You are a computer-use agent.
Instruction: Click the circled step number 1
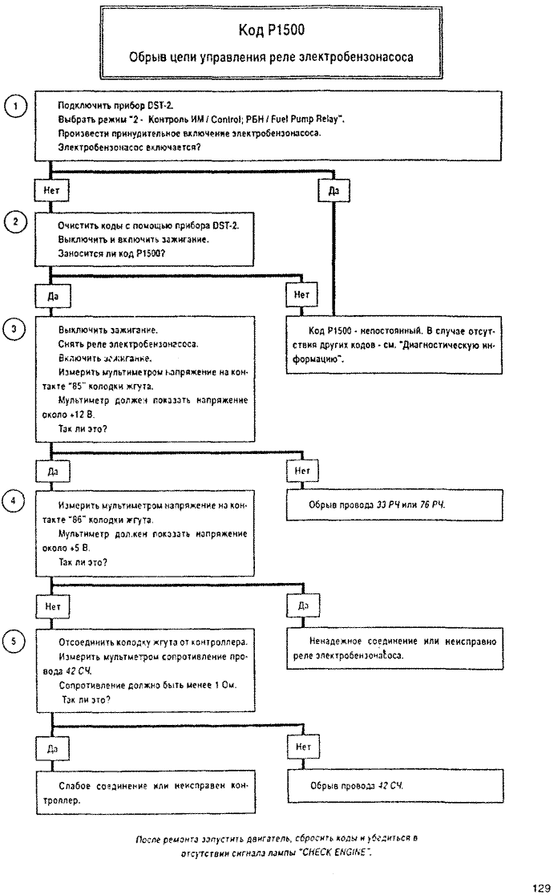coord(15,106)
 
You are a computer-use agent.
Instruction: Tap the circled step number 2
coord(15,222)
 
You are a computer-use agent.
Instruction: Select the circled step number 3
coord(14,330)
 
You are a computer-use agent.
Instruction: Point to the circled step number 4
coord(14,501)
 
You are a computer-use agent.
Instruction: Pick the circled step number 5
coord(14,642)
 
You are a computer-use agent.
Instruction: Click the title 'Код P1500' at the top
coord(271,30)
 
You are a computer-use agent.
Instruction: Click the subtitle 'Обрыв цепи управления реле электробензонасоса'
coord(271,57)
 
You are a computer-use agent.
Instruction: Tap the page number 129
coord(540,888)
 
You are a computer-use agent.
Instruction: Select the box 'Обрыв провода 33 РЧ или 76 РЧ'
coord(394,504)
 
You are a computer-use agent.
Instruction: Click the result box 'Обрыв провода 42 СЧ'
coord(394,786)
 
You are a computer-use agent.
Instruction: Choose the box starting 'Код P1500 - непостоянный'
coord(394,345)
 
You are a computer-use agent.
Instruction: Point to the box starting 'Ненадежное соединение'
coord(394,649)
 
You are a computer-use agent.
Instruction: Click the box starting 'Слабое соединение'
coord(146,792)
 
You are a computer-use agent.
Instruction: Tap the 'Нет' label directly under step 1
coord(51,191)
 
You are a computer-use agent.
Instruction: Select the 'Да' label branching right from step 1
coord(334,191)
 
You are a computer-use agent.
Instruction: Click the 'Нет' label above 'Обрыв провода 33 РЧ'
coord(301,471)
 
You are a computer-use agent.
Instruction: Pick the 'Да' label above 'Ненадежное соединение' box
coord(303,605)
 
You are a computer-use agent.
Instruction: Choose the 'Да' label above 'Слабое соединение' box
coord(52,749)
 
